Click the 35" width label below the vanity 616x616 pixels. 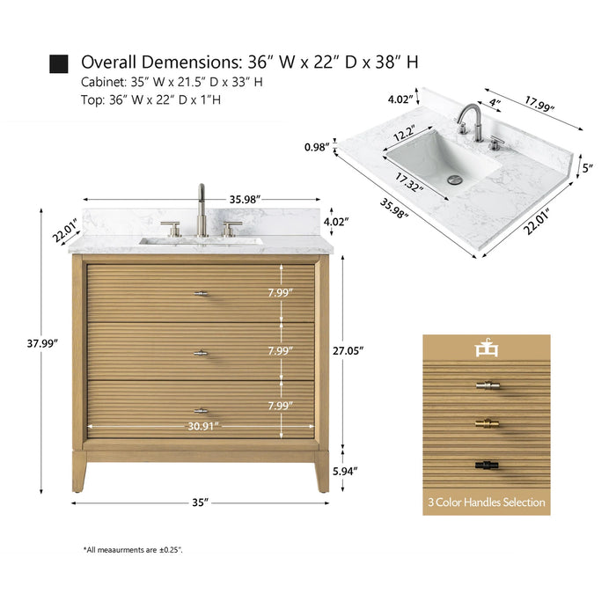pyautogui.click(x=200, y=502)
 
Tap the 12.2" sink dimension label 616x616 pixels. pyautogui.click(x=405, y=136)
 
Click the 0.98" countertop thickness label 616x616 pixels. pyautogui.click(x=316, y=146)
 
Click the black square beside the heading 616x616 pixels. pyautogui.click(x=59, y=62)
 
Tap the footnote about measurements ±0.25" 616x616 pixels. pyautogui.click(x=133, y=549)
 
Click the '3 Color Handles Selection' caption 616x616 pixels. pyautogui.click(x=486, y=502)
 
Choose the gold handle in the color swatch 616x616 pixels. pyautogui.click(x=486, y=424)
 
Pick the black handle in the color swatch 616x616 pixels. pyautogui.click(x=486, y=462)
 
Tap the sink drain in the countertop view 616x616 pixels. pyautogui.click(x=455, y=179)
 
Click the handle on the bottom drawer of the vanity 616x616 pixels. pyautogui.click(x=202, y=410)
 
